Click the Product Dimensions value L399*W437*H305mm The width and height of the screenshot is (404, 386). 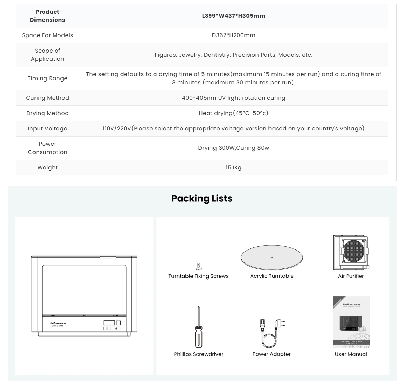[234, 16]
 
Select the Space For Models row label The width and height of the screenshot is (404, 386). [47, 35]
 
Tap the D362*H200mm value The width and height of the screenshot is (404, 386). [234, 35]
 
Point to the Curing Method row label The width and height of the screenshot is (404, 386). [47, 98]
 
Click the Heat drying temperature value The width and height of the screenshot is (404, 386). [234, 113]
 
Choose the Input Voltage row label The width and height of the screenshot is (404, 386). [47, 128]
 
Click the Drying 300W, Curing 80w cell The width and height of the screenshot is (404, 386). [234, 148]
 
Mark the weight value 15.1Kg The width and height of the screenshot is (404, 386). [234, 167]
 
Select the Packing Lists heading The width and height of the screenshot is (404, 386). [202, 198]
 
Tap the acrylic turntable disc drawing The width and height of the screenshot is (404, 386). [272, 258]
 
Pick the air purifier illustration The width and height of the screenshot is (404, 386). [351, 252]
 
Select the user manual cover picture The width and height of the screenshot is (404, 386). [351, 322]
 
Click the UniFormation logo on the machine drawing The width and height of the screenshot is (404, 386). [57, 323]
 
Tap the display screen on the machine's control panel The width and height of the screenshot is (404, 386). [109, 323]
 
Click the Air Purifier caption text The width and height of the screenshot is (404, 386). [351, 276]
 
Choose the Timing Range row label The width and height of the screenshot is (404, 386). [47, 78]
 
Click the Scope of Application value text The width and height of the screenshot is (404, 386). [234, 55]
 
